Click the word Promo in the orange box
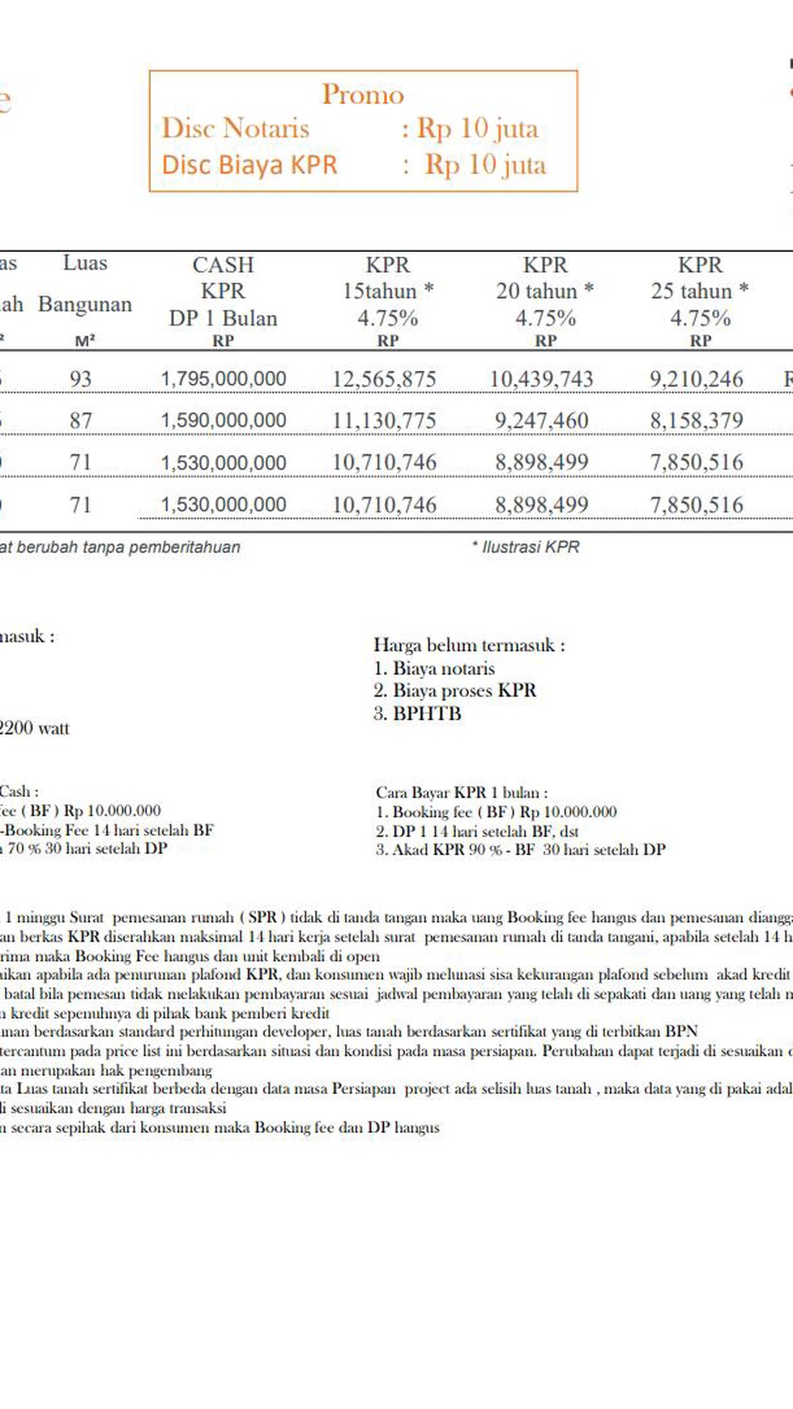click(x=362, y=95)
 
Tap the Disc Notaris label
click(x=235, y=128)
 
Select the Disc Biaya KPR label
click(x=249, y=164)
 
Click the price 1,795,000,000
click(x=223, y=378)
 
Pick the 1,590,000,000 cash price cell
click(x=223, y=420)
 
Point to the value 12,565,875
click(x=384, y=378)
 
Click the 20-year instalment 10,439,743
click(x=541, y=378)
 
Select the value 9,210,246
click(x=696, y=378)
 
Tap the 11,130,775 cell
click(x=384, y=420)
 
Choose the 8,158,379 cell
click(x=696, y=420)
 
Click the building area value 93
click(x=80, y=378)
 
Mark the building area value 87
click(x=80, y=420)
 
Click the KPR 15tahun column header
click(x=387, y=291)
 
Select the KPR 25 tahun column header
click(x=699, y=291)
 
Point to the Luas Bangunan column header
click(x=84, y=285)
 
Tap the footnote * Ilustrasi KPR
click(x=526, y=547)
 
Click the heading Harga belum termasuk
click(x=469, y=645)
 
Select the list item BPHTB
click(x=427, y=713)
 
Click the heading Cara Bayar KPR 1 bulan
click(x=462, y=793)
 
